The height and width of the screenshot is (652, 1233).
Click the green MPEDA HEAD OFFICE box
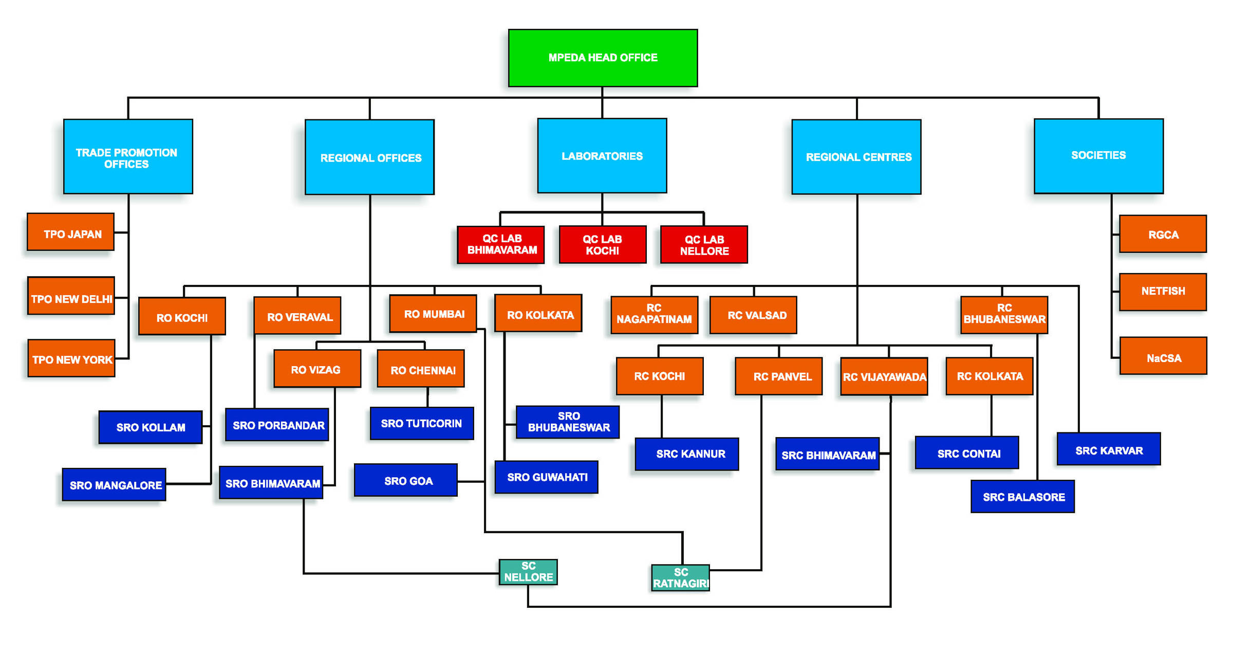pos(603,58)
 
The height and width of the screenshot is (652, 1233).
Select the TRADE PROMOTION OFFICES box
pos(128,157)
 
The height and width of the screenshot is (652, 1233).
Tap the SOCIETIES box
pos(1098,156)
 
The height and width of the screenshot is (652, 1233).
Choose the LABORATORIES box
pos(602,156)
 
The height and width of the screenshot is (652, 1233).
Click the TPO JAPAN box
pos(71,232)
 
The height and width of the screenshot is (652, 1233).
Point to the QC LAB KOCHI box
pos(602,245)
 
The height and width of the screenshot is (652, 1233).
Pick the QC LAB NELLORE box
pos(704,245)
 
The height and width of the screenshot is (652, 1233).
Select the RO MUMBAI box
pos(433,314)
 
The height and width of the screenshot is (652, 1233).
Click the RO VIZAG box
pos(317,369)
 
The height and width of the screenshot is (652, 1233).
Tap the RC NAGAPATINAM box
pos(654,315)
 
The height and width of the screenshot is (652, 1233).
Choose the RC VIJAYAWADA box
pos(884,376)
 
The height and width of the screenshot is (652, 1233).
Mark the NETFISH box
pos(1163,292)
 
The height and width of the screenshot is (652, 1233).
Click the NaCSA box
pos(1163,356)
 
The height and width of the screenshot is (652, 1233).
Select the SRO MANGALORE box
pos(114,484)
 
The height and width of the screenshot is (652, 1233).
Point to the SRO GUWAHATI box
pos(546,477)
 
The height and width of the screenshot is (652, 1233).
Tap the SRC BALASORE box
pos(1022,497)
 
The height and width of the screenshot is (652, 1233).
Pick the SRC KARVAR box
pos(1109,449)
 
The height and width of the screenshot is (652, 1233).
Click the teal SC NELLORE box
pos(528,572)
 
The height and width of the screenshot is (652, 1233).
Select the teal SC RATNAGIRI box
pos(680,578)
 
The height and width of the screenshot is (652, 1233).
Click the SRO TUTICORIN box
pos(422,424)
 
